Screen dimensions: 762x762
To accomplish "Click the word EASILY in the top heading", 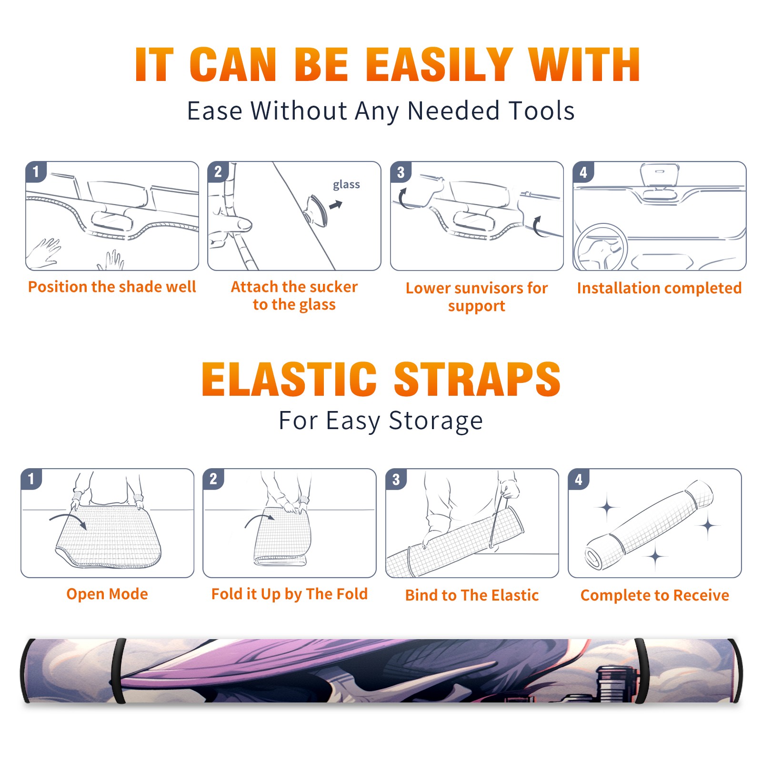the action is click(x=439, y=65).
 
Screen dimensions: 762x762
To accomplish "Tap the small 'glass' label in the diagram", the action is click(x=346, y=184).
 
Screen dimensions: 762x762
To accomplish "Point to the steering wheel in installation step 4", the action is click(x=601, y=247).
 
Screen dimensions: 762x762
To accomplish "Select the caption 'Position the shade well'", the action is click(x=112, y=287).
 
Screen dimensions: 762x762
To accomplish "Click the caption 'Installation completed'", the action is click(x=659, y=288).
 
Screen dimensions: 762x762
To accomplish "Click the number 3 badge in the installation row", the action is click(x=401, y=172).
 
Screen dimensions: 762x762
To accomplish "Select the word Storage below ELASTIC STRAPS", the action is click(x=436, y=421).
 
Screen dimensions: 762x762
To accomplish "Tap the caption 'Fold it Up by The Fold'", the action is click(x=290, y=594).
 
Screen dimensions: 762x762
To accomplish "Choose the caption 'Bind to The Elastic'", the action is click(x=472, y=595).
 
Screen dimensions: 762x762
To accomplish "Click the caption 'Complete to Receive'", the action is click(x=655, y=595).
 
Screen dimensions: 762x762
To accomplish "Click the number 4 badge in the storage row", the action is click(x=579, y=479).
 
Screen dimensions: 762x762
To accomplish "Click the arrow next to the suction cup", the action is click(x=336, y=205).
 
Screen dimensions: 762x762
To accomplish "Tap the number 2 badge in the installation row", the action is click(x=218, y=172).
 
